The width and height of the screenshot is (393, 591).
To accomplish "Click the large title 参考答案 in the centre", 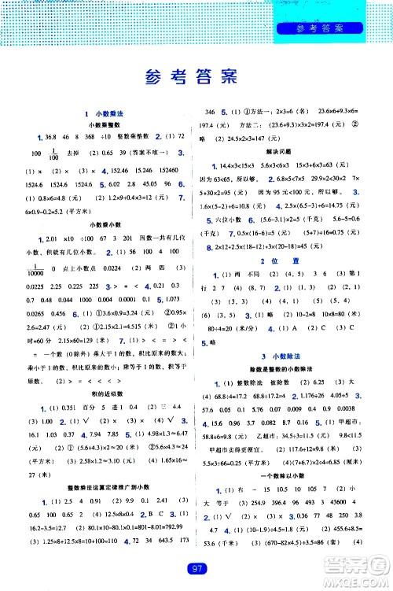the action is click(196, 78).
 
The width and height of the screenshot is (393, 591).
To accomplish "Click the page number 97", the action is click(196, 570).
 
